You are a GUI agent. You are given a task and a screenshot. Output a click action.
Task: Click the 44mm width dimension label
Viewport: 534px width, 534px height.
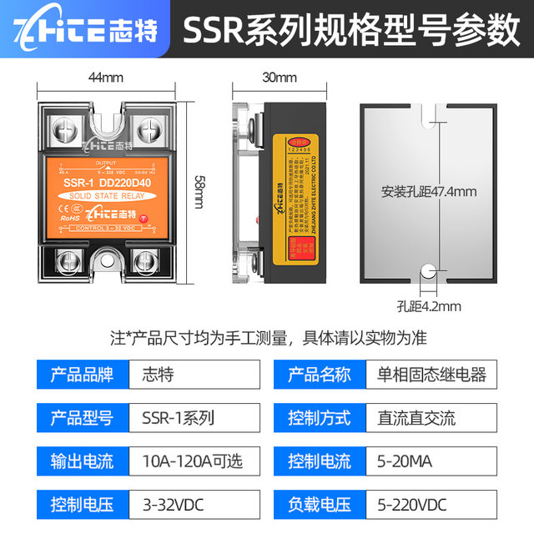[105, 78]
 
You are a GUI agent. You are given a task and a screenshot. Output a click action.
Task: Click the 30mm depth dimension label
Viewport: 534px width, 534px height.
[279, 78]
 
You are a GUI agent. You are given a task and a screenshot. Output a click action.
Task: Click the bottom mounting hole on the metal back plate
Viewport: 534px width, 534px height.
[427, 271]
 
